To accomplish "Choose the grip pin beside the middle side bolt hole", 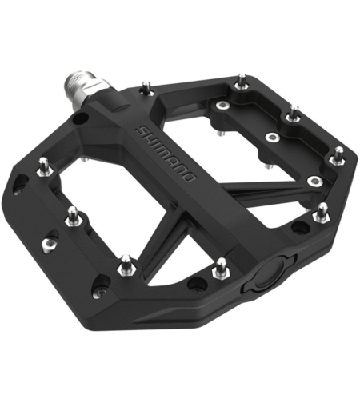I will (73, 215).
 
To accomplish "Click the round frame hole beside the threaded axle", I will (79, 118).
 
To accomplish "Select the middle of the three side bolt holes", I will (51, 238).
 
